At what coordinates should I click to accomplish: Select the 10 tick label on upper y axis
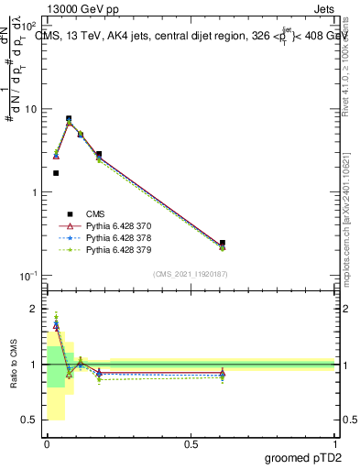(31, 109)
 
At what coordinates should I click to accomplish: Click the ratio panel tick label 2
(35, 310)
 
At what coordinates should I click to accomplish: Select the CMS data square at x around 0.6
(223, 243)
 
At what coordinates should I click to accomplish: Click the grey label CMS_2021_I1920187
(191, 274)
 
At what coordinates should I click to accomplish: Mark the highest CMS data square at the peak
(69, 118)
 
